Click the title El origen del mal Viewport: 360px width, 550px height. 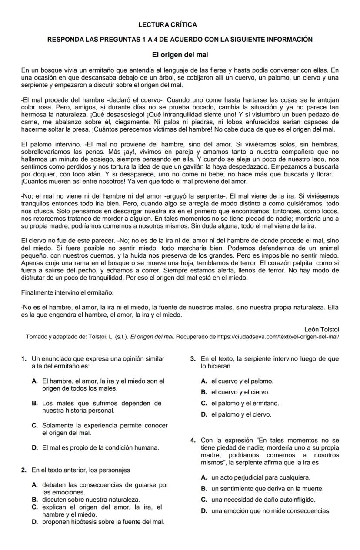point(180,55)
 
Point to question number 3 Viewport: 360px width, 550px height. point(193,359)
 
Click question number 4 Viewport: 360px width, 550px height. point(193,440)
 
